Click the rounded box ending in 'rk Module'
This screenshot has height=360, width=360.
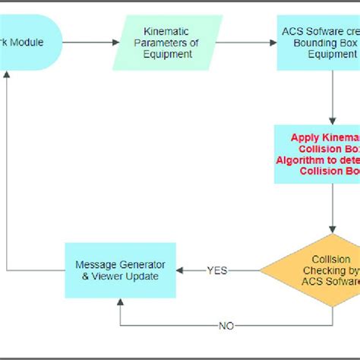pyautogui.click(x=30, y=43)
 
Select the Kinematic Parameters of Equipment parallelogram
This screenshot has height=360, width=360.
pyautogui.click(x=167, y=43)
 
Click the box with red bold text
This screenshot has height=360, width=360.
pyautogui.click(x=317, y=154)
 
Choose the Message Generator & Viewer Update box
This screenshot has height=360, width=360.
pyautogui.click(x=120, y=270)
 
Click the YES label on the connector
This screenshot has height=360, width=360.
pyautogui.click(x=217, y=270)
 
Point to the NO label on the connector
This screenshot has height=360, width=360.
pyautogui.click(x=226, y=325)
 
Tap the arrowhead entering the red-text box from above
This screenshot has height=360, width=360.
pyautogui.click(x=332, y=121)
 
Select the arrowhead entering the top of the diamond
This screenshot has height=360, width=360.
pyautogui.click(x=332, y=229)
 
